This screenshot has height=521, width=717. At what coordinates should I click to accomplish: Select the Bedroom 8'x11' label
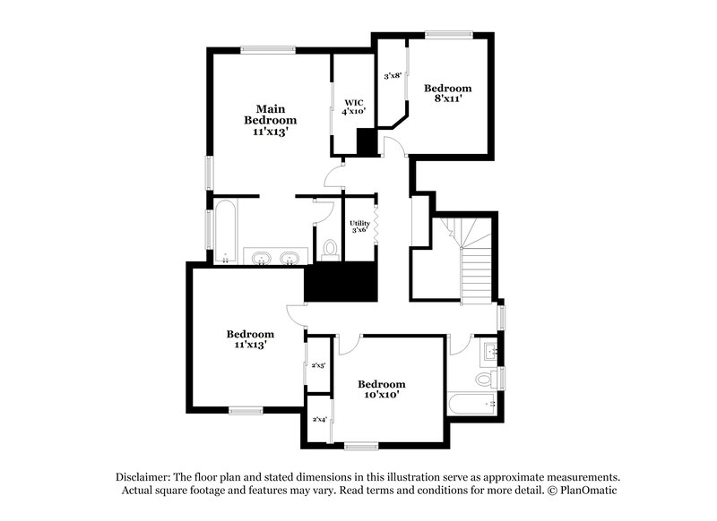[x=447, y=94]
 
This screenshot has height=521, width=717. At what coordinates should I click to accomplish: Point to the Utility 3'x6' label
[x=359, y=226]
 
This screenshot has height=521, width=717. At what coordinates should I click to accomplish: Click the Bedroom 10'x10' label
[x=381, y=389]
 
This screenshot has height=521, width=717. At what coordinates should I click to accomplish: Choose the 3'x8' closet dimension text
[x=392, y=78]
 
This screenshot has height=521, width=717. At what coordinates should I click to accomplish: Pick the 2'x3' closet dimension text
[x=318, y=365]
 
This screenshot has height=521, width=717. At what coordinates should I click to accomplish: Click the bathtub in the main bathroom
[x=224, y=232]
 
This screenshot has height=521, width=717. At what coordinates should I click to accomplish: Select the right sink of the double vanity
[x=289, y=260]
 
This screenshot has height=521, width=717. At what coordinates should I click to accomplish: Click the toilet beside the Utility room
[x=329, y=248]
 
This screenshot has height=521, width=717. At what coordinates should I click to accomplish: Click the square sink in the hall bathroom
[x=488, y=349]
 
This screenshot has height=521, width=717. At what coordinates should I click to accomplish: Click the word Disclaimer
[x=146, y=477]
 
